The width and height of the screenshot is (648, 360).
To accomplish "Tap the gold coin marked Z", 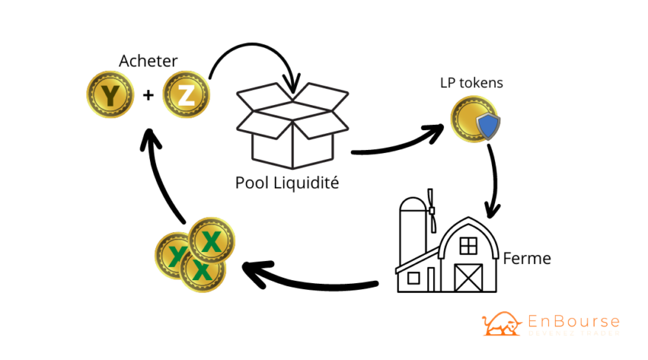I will click(x=186, y=95).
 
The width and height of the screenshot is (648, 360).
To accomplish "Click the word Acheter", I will click(x=149, y=59).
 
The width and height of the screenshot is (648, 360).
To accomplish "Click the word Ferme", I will click(x=527, y=259).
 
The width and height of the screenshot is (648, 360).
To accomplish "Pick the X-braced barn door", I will click(x=468, y=276).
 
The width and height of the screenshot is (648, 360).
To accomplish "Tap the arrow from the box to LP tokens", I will click(x=399, y=143).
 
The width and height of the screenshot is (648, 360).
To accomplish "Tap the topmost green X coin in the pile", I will click(x=212, y=240).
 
